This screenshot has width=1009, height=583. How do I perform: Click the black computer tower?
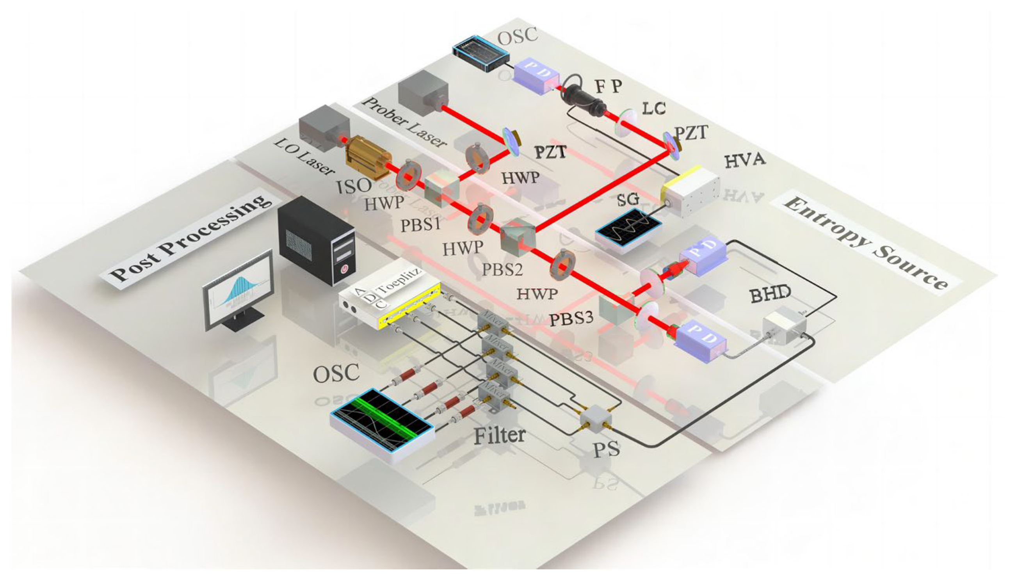316,240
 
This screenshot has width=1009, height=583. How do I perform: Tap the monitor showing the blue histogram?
238,290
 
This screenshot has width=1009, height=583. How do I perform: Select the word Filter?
499,435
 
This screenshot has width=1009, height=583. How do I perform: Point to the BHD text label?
770,295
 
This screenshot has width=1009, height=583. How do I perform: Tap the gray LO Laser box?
324,128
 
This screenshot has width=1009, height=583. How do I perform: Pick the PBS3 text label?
570,320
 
